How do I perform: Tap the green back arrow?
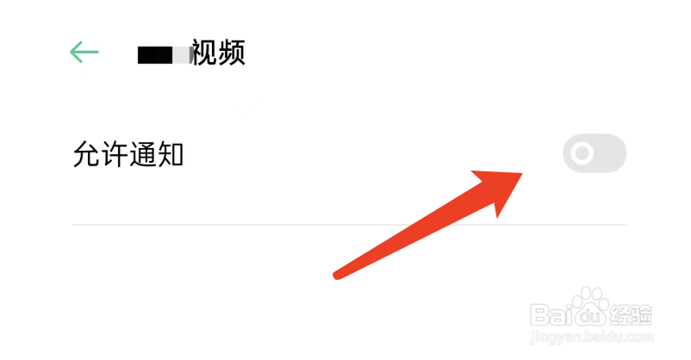coord(84,53)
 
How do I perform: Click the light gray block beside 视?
coord(182,55)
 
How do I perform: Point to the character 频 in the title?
coord(231,53)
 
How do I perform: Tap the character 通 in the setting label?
coord(142,155)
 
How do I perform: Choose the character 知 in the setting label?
coord(170,155)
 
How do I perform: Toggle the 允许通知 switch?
coord(595,154)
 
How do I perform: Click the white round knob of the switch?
coord(583,154)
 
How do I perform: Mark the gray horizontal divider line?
coord(349,225)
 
